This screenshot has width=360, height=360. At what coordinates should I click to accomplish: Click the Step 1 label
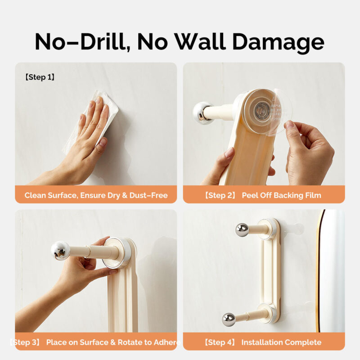point(40,77)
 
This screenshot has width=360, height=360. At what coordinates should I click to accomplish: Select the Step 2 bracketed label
point(220,195)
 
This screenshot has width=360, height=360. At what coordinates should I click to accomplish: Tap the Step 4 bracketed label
point(220,342)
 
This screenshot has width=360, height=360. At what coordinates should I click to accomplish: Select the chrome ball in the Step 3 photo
point(60,250)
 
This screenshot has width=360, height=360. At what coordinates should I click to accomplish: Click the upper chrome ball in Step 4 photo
point(242,229)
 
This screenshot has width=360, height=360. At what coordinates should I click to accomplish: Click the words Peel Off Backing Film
point(281,195)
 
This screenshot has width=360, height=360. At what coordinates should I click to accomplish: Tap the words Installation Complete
point(281,342)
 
